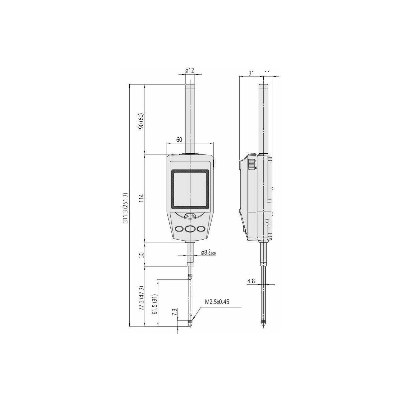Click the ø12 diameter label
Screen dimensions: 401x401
pos(189,71)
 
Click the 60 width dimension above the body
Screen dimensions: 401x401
pos(179,140)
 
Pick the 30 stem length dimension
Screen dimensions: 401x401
pos(141,255)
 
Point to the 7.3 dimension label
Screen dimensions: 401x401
pos(174,318)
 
